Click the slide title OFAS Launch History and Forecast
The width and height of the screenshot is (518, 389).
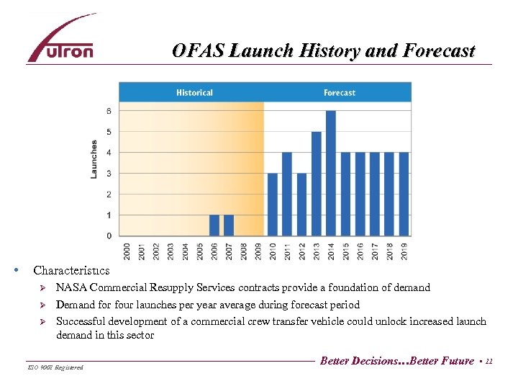tap(323, 51)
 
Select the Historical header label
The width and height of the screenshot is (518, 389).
tap(194, 92)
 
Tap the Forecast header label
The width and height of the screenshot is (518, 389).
tap(339, 92)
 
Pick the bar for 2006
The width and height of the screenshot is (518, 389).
tap(214, 225)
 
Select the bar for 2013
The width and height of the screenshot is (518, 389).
tap(316, 184)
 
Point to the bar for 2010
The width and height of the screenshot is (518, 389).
tap(273, 205)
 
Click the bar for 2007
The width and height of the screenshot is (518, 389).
tap(229, 225)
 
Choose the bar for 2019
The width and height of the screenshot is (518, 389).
tap(404, 194)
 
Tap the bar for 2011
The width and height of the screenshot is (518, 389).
tap(287, 194)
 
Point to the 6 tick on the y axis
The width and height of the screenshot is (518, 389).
tap(109, 111)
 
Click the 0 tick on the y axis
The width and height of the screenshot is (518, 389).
tap(109, 236)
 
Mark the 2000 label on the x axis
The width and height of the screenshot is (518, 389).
tap(127, 250)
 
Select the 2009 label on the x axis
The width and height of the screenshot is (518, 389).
tap(258, 250)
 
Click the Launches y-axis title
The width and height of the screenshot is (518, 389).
tap(94, 159)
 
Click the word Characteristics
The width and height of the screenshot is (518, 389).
tap(71, 271)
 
